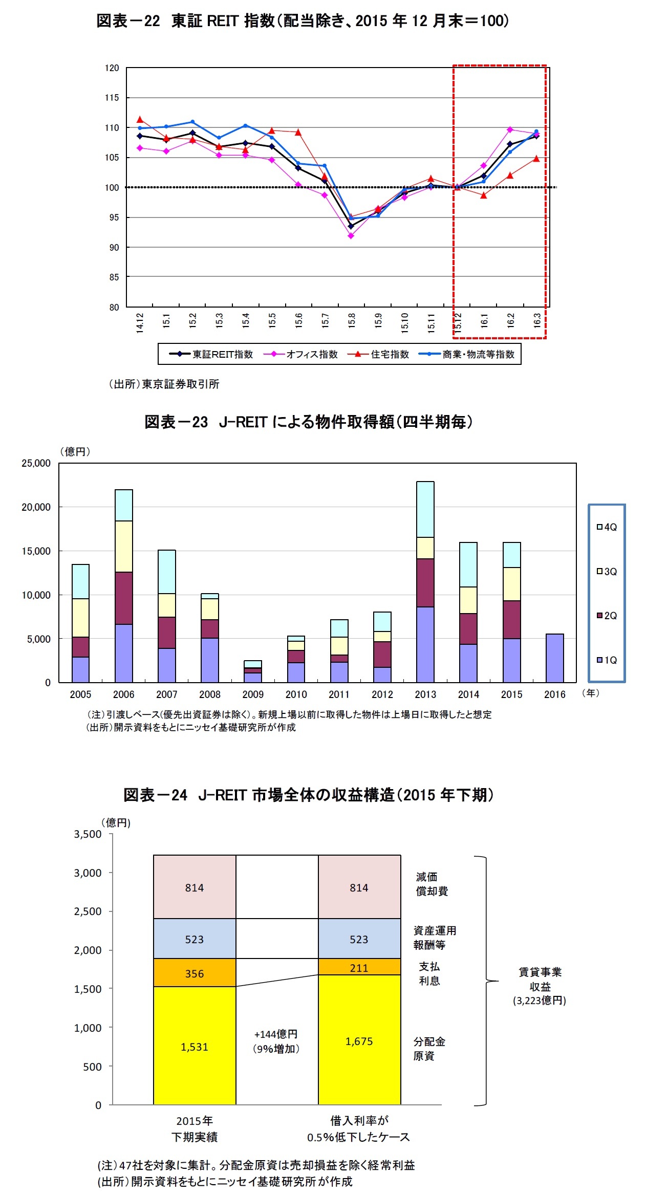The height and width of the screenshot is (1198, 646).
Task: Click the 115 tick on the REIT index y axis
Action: pyautogui.click(x=112, y=98)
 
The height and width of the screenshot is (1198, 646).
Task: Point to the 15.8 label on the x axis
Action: pyautogui.click(x=352, y=321)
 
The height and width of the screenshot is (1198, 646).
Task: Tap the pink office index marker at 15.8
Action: pyautogui.click(x=351, y=236)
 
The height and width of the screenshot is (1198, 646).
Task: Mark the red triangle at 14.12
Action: pyautogui.click(x=140, y=120)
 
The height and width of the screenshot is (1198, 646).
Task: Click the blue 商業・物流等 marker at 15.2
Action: pyautogui.click(x=192, y=122)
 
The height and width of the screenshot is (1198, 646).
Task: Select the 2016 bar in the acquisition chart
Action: pyautogui.click(x=554, y=658)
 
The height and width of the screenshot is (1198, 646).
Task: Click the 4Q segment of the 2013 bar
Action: pyautogui.click(x=425, y=509)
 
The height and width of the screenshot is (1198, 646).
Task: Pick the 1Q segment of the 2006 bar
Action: pyautogui.click(x=123, y=653)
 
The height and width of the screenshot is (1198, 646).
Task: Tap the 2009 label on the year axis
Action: pyautogui.click(x=253, y=694)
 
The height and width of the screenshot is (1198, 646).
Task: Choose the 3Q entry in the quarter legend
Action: pyautogui.click(x=607, y=572)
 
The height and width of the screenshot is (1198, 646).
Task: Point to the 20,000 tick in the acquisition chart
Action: pyautogui.click(x=36, y=507)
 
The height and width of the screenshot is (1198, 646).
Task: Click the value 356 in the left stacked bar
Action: pyautogui.click(x=195, y=973)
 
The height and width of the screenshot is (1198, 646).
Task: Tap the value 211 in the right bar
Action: pyautogui.click(x=359, y=968)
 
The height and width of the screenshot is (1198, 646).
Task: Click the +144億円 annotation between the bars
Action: pyautogui.click(x=276, y=1034)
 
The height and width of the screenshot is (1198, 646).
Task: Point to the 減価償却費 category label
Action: pyautogui.click(x=432, y=884)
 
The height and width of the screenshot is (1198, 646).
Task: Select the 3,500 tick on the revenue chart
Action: pyautogui.click(x=88, y=834)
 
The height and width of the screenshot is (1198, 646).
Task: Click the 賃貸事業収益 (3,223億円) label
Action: pyautogui.click(x=540, y=986)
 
